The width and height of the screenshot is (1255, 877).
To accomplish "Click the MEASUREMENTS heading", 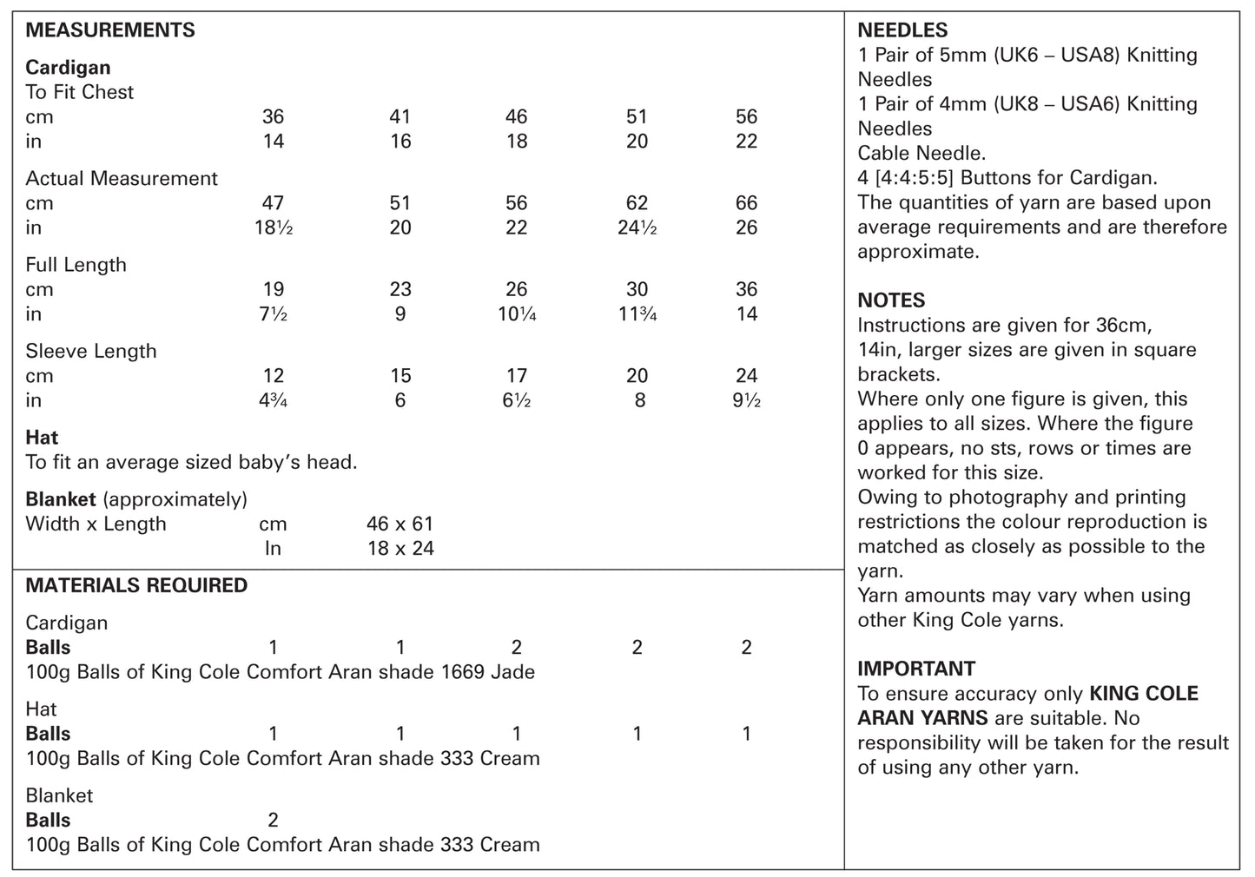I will coord(110,30).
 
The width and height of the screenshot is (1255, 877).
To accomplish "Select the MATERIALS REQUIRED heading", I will coord(136,585).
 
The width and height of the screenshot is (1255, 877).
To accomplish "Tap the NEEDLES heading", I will coord(902,30).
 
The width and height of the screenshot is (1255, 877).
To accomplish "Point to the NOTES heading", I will coord(891,300).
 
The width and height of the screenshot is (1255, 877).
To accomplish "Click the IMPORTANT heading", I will coord(916,669).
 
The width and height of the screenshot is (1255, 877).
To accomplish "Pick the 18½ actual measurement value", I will coord(273,227).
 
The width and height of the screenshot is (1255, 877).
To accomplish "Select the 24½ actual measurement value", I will coord(637,227).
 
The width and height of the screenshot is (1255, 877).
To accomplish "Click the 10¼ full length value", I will coord(516,313).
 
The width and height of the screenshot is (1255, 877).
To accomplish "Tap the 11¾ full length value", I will coord(637,313).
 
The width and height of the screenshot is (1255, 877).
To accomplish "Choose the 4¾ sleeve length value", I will coord(273,400).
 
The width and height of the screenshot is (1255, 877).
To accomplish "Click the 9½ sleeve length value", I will coord(746,400).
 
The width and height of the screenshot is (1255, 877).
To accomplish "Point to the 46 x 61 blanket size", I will coord(400,524).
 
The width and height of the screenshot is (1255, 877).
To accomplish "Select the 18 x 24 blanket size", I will coord(400,548).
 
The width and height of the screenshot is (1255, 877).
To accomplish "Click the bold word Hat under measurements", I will coord(42,437).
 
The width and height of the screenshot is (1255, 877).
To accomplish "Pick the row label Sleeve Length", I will coord(91,351).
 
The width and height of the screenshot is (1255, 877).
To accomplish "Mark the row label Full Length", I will coord(76,265).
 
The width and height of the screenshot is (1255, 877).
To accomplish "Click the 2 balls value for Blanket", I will coord(273,820).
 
